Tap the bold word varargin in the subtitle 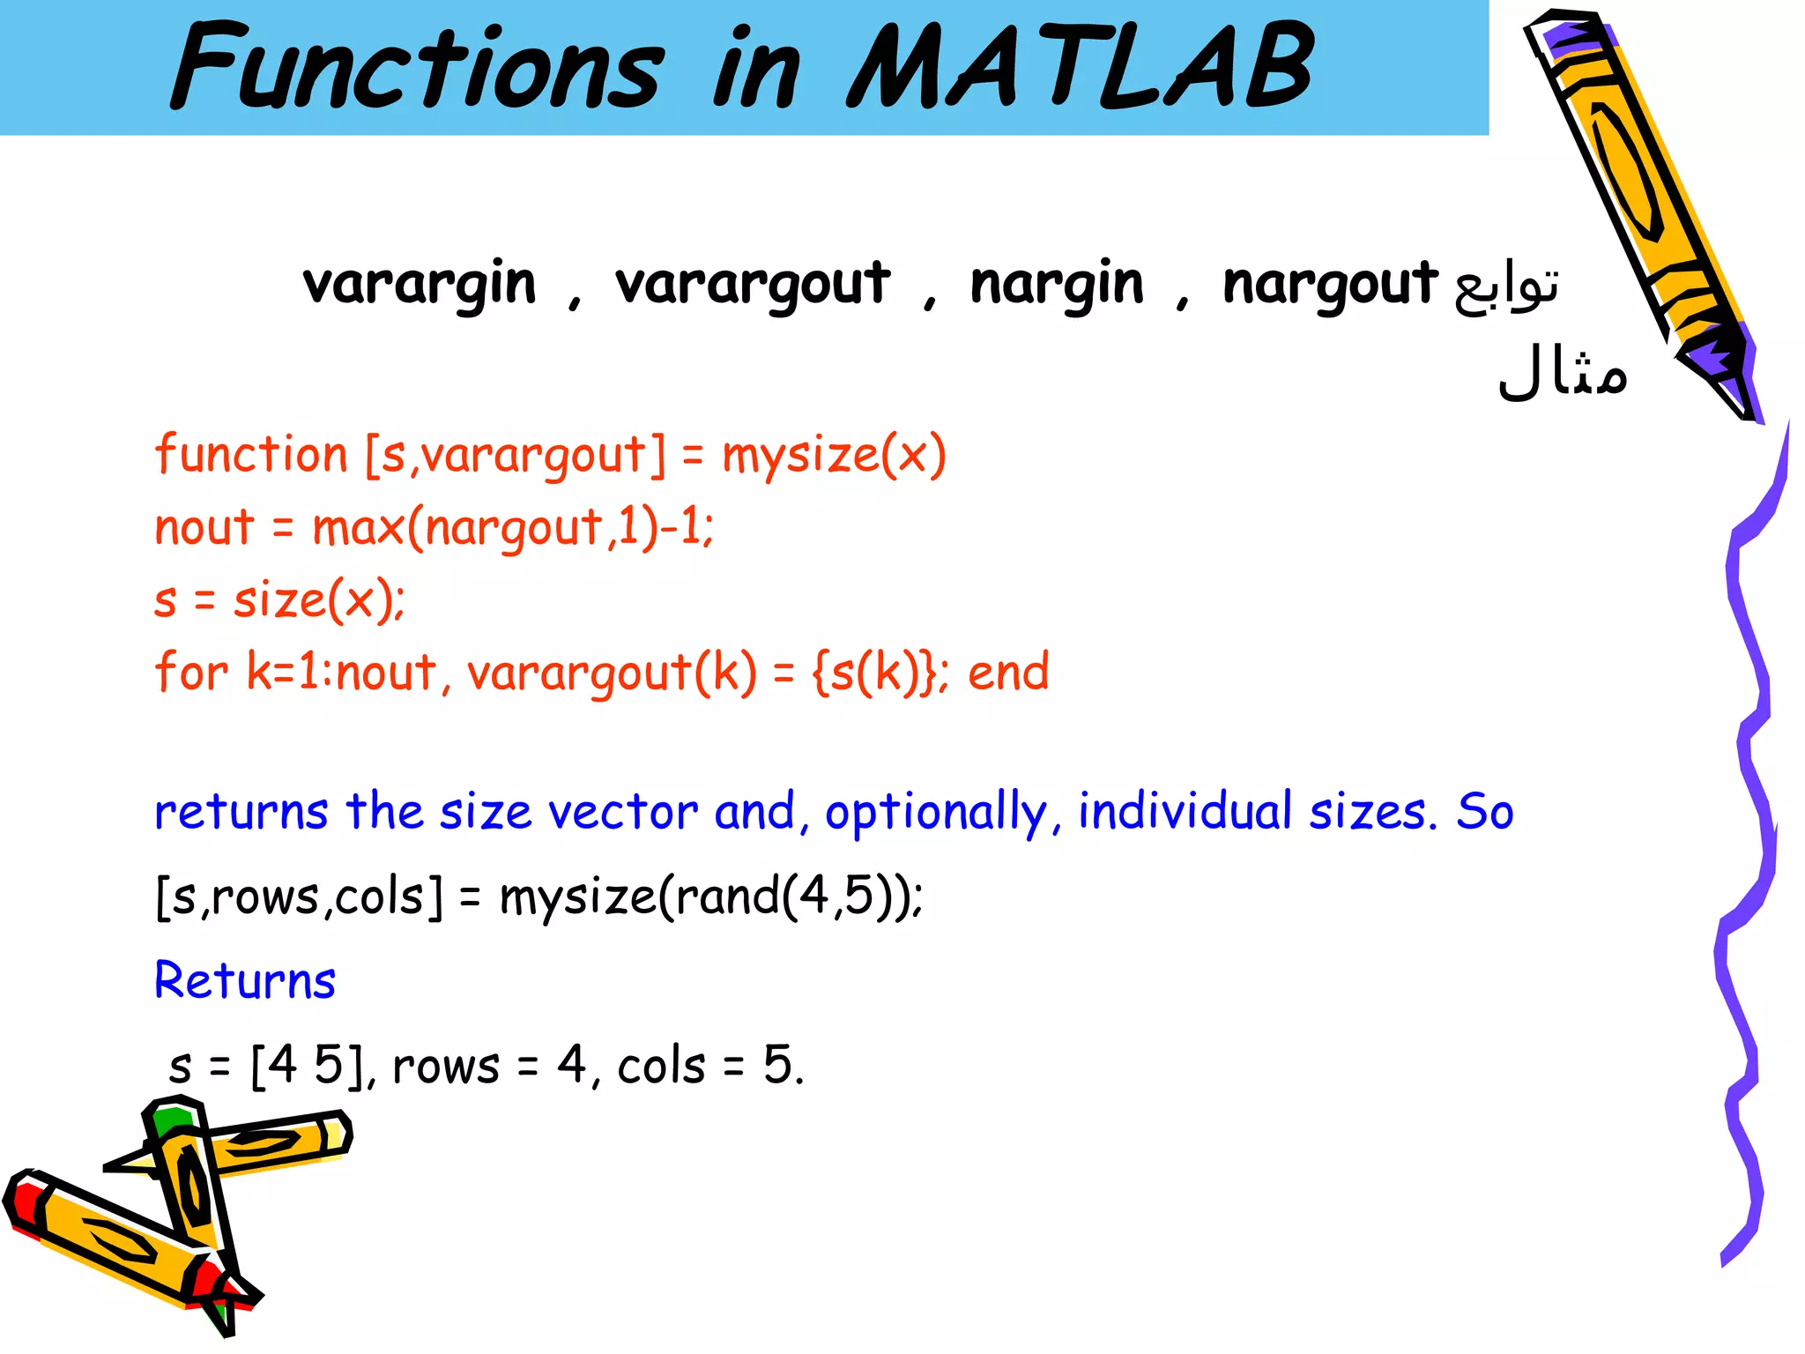point(420,284)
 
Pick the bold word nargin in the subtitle point(1057,284)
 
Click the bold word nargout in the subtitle point(1330,284)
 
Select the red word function point(251,456)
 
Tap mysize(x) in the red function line point(834,456)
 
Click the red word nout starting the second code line point(204,528)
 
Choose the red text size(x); point(319,601)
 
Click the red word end point(1008,673)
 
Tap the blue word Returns point(245,980)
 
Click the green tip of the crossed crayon point(172,1118)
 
